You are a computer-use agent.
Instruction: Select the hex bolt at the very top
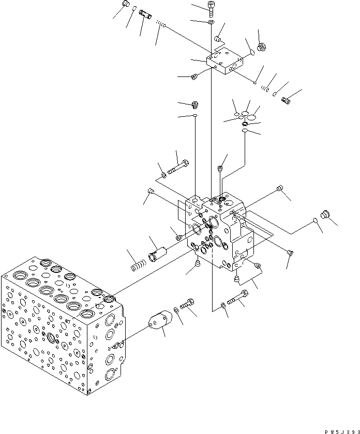click(x=211, y=7)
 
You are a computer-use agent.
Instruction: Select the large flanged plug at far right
click(x=327, y=215)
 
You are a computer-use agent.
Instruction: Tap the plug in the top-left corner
click(x=125, y=5)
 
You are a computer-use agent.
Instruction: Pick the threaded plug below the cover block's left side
click(x=195, y=77)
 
